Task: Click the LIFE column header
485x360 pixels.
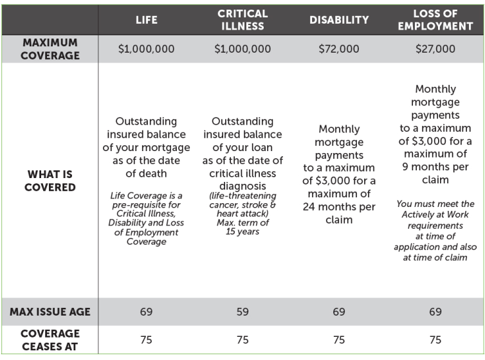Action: click(146, 20)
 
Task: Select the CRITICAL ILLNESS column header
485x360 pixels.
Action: click(243, 20)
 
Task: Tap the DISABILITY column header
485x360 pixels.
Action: click(339, 20)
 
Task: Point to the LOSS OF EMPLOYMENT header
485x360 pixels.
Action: click(435, 20)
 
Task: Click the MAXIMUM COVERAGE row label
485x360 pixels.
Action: click(50, 49)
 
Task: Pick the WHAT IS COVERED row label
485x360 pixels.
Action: click(50, 181)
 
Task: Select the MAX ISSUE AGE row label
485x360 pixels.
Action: click(50, 312)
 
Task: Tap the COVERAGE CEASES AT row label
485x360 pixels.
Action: click(50, 340)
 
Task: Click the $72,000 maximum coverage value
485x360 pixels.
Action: click(339, 49)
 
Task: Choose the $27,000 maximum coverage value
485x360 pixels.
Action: click(435, 49)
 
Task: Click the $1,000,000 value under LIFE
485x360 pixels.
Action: click(146, 49)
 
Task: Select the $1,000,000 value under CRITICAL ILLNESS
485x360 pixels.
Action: click(243, 49)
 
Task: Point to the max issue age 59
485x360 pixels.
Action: click(243, 312)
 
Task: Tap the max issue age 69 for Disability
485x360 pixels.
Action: click(339, 312)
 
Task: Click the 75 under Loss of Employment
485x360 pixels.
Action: click(435, 340)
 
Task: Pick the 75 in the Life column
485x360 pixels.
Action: click(146, 340)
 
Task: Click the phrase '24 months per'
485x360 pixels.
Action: click(339, 207)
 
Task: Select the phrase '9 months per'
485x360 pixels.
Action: click(435, 167)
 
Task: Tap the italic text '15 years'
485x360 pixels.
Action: click(243, 231)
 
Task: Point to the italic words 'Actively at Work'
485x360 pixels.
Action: click(435, 215)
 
